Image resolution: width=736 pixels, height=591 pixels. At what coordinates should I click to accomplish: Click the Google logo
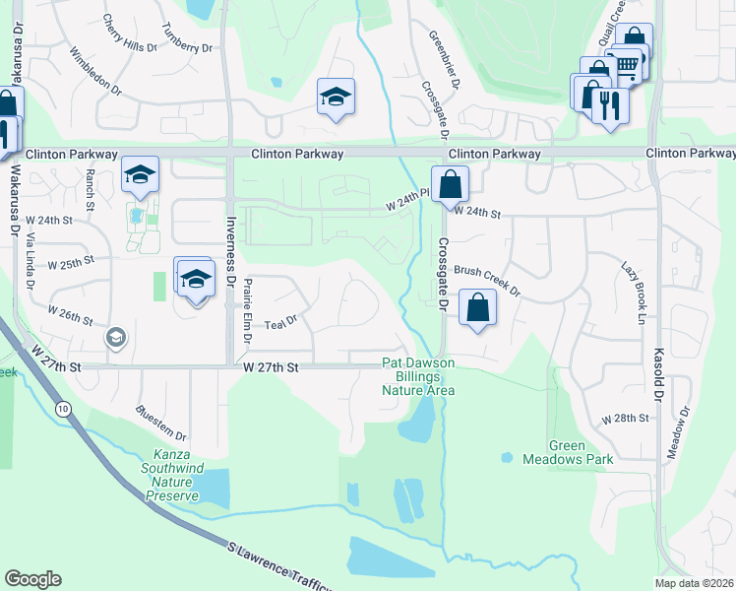(32, 579)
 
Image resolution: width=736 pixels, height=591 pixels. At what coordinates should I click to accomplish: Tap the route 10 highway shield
(63, 408)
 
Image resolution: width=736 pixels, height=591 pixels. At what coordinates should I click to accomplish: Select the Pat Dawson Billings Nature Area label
(418, 377)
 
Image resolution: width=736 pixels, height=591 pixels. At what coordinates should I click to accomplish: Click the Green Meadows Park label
(582, 452)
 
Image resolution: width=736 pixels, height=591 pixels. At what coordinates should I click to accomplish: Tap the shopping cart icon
(626, 66)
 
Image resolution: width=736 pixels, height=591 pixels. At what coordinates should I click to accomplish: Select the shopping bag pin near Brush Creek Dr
(477, 306)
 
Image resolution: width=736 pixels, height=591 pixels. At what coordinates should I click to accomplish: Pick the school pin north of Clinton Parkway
(336, 97)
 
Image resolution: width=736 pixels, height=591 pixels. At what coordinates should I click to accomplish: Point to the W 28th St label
(625, 419)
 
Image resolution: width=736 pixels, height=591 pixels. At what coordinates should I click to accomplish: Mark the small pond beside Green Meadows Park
(507, 458)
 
